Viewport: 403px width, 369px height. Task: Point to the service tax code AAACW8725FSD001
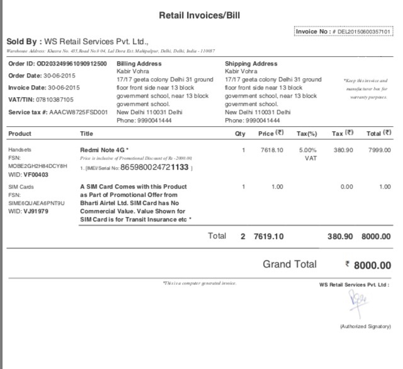81,112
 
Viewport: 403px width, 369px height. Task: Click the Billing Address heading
139,64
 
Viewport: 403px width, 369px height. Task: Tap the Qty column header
240,134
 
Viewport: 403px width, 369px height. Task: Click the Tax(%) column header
306,134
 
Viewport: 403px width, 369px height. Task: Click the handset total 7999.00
377,150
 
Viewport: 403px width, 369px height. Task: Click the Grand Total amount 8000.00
372,266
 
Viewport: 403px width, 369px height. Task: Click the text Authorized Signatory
365,327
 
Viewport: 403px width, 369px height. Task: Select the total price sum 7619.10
269,237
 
